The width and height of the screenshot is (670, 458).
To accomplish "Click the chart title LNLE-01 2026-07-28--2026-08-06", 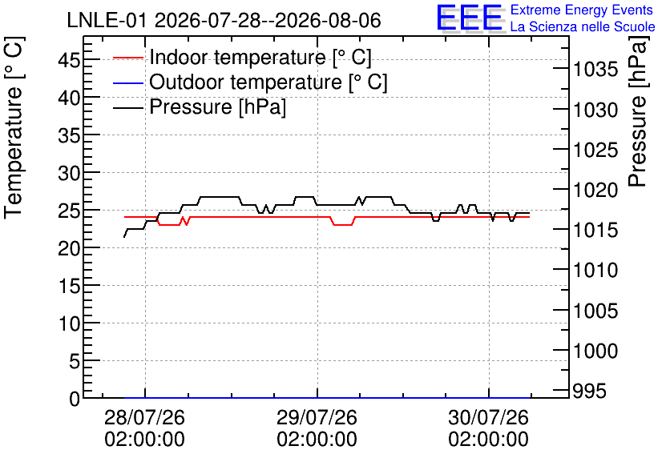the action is click(224, 20).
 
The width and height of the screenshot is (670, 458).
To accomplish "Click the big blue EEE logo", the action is click(469, 18).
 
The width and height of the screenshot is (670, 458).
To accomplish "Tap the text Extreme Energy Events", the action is click(582, 10).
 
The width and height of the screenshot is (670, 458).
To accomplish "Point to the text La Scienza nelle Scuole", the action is click(583, 26).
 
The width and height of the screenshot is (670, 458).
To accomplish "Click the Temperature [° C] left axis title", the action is click(14, 128).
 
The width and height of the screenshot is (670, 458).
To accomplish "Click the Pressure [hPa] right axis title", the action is click(637, 111).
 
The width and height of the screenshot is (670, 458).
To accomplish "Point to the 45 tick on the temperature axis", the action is click(69, 60).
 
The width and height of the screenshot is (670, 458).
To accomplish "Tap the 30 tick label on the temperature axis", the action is click(69, 173).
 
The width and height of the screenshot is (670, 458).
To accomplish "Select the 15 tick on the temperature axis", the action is click(69, 286).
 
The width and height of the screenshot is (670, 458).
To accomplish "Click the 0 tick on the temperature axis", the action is click(75, 399).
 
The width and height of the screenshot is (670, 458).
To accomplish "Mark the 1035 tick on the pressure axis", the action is click(595, 70).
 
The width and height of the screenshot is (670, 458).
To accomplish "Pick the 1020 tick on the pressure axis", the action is click(595, 191).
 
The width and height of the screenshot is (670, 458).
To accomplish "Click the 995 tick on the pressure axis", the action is click(589, 391).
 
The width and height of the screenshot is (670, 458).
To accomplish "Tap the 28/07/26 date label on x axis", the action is click(145, 417).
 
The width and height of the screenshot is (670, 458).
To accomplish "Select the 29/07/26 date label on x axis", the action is click(317, 417).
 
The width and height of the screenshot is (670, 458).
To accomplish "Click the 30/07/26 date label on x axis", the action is click(489, 417).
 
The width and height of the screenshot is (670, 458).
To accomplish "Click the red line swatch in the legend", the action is click(127, 57).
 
